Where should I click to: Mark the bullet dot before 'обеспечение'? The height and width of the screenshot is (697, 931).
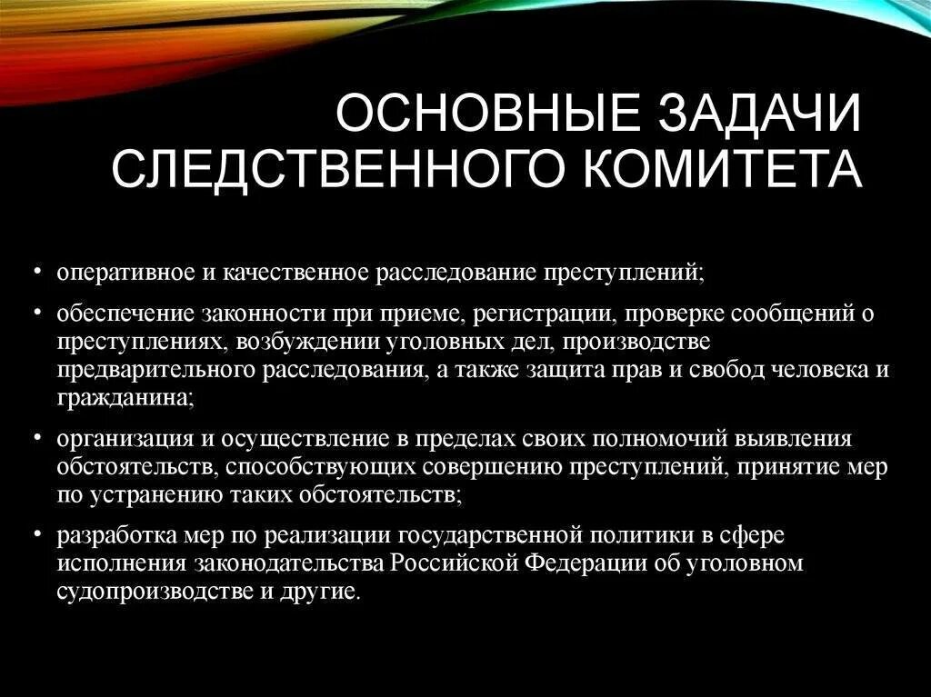coord(37,312)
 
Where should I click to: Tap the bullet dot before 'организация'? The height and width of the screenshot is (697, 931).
coord(37,439)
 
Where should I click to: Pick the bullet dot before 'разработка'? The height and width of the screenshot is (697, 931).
coord(37,533)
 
